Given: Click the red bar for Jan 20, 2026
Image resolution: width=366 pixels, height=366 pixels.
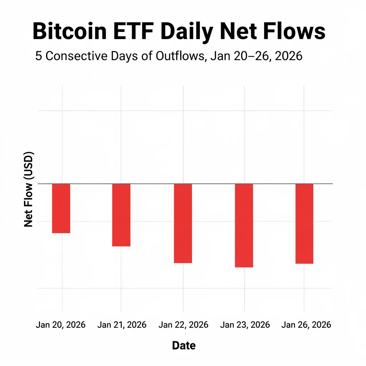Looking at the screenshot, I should [x=61, y=208].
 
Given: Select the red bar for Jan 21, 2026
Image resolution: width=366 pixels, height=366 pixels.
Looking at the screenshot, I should [x=121, y=215].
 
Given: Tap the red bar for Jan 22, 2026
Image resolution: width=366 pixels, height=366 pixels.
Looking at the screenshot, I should [x=183, y=223].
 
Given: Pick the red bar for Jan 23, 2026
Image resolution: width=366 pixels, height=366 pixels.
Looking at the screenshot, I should [x=244, y=225].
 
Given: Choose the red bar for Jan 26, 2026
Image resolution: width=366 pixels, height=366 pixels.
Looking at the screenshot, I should [x=304, y=223].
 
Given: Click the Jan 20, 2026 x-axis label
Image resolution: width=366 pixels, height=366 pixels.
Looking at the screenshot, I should [x=61, y=325].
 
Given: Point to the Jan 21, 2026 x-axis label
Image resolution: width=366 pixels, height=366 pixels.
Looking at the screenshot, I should [x=122, y=325].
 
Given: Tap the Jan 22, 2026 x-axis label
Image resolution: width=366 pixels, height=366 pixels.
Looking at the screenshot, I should [x=183, y=325].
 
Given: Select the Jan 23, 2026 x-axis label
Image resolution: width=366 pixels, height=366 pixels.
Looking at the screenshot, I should [x=245, y=325].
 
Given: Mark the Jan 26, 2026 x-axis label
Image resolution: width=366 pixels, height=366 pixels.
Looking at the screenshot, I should [x=306, y=325].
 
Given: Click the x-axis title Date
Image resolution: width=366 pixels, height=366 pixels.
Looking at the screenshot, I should [x=184, y=346].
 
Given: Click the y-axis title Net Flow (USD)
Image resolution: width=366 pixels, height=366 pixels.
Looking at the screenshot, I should [x=29, y=189].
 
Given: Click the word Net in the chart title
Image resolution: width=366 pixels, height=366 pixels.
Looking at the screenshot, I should [x=244, y=31].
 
